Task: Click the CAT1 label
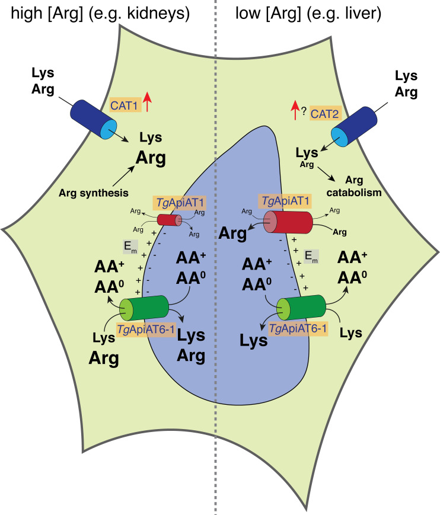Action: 124,106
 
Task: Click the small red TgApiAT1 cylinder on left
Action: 170,220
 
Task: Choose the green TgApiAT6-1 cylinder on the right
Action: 302,306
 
